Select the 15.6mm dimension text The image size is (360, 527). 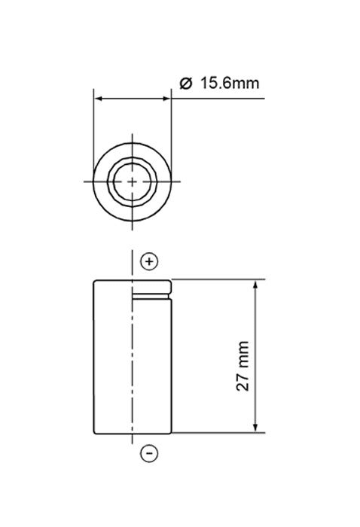tap(229, 83)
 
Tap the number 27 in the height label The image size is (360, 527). tap(243, 381)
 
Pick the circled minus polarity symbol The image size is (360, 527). tap(149, 453)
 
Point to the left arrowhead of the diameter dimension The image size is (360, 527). tap(98, 98)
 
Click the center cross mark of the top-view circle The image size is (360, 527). tap(133, 181)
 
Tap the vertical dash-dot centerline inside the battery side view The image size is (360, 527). tap(133, 361)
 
